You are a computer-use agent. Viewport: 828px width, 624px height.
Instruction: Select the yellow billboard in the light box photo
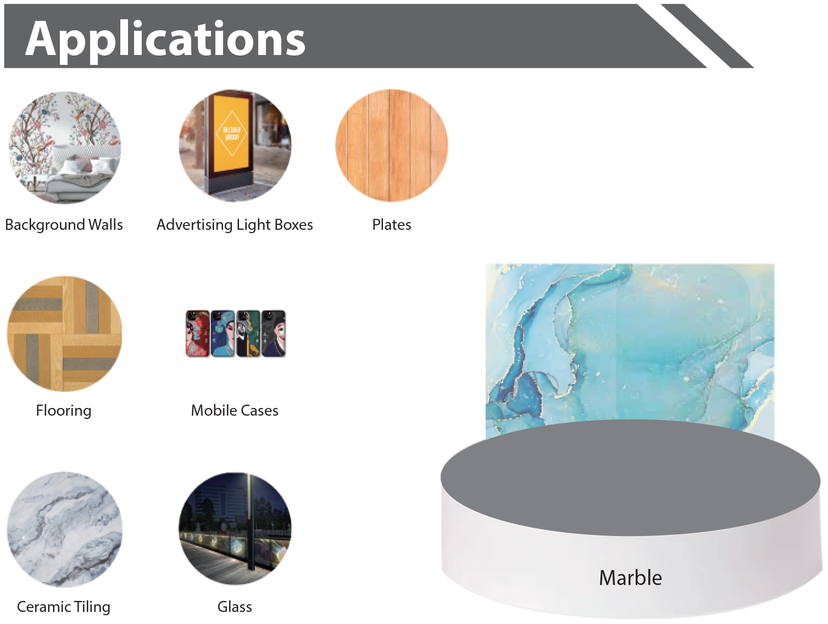point(231,134)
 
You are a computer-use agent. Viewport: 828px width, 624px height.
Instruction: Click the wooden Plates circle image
point(392,146)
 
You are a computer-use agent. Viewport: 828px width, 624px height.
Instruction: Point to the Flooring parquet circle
point(64,334)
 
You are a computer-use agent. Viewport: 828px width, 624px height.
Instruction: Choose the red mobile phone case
point(198,334)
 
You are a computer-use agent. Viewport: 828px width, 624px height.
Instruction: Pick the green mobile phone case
point(248,334)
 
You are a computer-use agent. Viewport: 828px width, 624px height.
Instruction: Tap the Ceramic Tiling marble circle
point(64,529)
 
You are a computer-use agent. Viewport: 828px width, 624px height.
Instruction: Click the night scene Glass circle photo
point(235,528)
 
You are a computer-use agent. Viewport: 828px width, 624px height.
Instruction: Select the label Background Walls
point(64,225)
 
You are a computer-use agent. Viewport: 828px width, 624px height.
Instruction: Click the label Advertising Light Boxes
point(235,225)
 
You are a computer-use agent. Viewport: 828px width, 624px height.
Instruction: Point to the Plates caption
point(392,225)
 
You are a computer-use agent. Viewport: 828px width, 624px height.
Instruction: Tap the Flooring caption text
point(64,411)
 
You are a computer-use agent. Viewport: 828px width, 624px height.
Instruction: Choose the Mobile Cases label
point(235,411)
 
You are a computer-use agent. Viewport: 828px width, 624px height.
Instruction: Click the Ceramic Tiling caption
point(64,607)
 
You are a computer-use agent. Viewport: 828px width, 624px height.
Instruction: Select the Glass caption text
point(235,607)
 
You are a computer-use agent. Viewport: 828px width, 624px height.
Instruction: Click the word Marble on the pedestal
point(630,578)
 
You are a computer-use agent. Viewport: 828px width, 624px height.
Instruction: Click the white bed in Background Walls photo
point(77,179)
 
